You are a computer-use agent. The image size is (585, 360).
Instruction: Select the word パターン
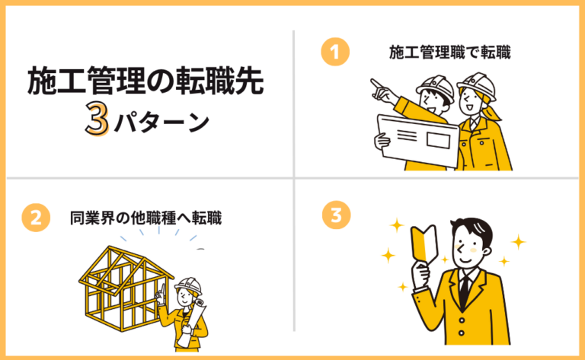[x=161, y=123]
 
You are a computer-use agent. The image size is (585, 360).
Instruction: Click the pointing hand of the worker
[x=376, y=83]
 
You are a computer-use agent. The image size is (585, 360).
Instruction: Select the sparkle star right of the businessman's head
[x=518, y=242]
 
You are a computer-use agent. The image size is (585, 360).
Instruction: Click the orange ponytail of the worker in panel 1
[x=495, y=111]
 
